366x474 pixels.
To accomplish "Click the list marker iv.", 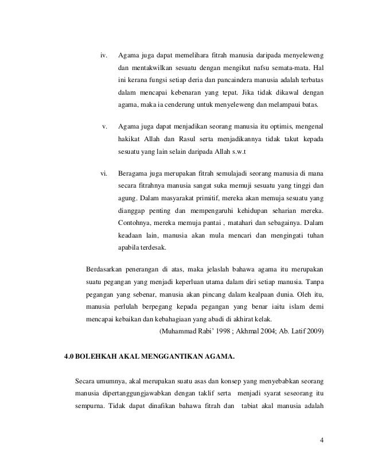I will pyautogui.click(x=104, y=56).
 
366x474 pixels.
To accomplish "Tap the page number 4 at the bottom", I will pyautogui.click(x=322, y=441).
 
